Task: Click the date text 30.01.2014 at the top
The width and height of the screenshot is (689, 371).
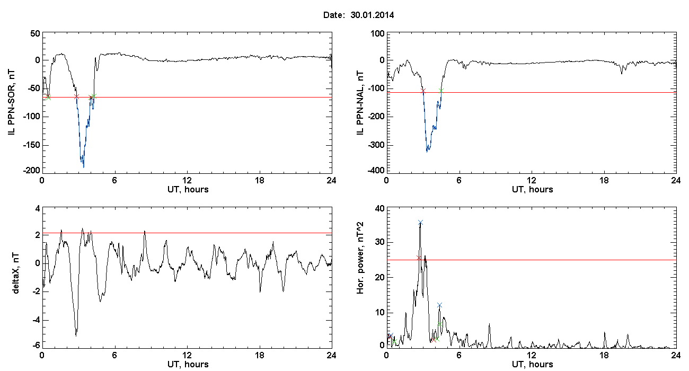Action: tap(372, 15)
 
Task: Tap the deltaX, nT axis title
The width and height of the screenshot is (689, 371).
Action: tap(15, 277)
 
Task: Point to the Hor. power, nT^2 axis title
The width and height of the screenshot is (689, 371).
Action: tap(360, 277)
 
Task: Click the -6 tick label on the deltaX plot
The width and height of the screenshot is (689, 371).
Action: tap(35, 345)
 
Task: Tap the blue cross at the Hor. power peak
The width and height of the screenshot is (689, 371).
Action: tap(420, 223)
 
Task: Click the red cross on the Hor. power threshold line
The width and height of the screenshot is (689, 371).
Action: tap(419, 258)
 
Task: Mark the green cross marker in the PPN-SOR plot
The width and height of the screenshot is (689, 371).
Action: tap(93, 96)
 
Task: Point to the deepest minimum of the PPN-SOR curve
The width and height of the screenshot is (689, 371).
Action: tap(83, 166)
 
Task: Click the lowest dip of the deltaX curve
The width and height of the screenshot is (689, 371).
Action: tap(76, 335)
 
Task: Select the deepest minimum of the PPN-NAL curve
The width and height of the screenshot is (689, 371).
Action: tap(427, 151)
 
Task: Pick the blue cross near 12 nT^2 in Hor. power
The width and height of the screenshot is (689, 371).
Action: tap(439, 305)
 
